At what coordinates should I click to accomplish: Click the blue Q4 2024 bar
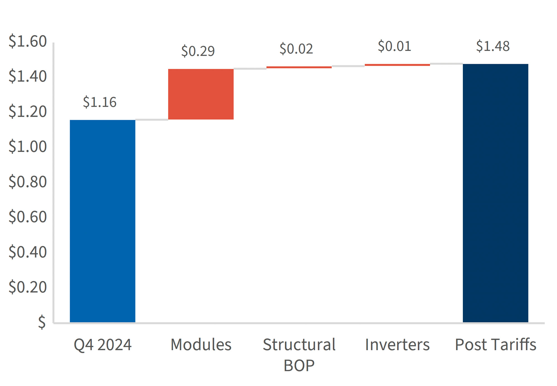coord(102,221)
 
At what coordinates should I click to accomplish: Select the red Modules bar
coord(201,94)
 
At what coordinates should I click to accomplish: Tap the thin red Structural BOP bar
coord(299,67)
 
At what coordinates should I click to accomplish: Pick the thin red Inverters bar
coord(397,65)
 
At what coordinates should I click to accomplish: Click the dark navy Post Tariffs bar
coord(495,193)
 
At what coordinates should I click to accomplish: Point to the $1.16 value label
coord(100,102)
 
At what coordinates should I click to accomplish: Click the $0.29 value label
coord(198,51)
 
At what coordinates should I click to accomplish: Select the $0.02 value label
coord(296,49)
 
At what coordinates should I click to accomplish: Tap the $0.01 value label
coord(394,46)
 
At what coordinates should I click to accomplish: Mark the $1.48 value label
coord(493,46)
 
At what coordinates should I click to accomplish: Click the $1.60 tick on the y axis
coord(28,42)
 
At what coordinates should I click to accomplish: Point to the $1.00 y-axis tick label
coord(28,147)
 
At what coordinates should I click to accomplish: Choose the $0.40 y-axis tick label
coord(28,252)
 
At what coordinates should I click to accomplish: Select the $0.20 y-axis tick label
coord(28,287)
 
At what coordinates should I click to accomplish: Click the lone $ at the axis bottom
coord(42,322)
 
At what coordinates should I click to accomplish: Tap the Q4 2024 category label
coord(102,345)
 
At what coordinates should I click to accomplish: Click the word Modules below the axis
coord(201,345)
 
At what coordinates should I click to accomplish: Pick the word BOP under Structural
coord(299,366)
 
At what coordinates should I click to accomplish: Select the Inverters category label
coord(397,345)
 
